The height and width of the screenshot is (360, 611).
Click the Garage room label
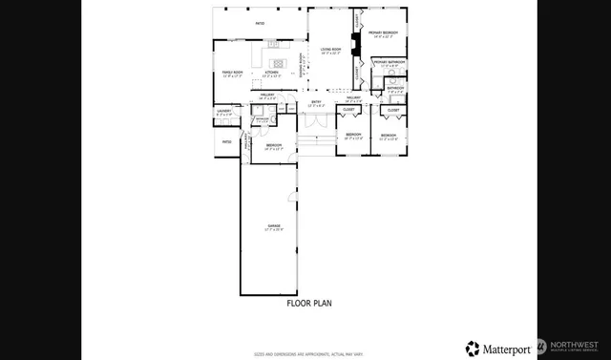click(274, 227)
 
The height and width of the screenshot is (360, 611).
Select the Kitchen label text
click(271, 73)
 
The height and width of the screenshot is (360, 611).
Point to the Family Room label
click(232, 73)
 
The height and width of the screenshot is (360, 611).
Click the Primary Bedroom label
click(385, 33)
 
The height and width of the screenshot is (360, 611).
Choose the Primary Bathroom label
click(389, 63)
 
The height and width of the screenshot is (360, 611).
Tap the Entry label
click(316, 103)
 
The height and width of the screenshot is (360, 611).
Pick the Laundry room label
click(224, 112)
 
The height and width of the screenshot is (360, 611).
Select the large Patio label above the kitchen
click(259, 23)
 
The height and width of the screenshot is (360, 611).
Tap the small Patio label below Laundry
click(226, 142)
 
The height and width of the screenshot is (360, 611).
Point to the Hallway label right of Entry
click(352, 98)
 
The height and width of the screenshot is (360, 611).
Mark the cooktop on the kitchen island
click(271, 43)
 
